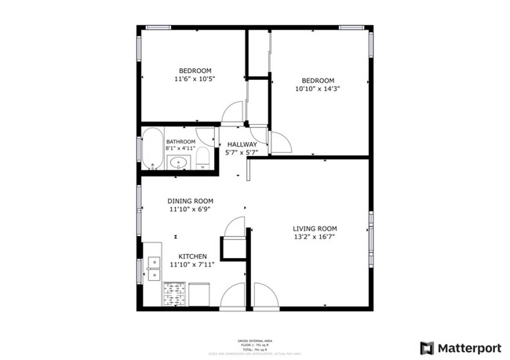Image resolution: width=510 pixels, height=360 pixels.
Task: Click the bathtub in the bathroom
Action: point(151,149)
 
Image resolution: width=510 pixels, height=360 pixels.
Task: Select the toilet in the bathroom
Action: point(202,156)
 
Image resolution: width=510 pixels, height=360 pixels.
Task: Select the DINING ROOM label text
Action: point(191,201)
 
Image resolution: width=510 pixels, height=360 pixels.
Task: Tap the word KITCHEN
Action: point(192,256)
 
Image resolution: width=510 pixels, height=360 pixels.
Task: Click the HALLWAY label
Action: point(242,145)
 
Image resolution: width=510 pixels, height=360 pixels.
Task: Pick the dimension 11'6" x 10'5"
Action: point(195,79)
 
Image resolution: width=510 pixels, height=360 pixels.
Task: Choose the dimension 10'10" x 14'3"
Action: point(318,89)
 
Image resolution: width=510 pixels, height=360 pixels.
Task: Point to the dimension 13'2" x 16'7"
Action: point(315,237)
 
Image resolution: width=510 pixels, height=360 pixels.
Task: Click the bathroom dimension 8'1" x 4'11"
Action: point(180,149)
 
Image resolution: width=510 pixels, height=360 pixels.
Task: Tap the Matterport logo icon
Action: point(427,347)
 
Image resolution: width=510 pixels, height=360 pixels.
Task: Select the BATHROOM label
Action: point(180,142)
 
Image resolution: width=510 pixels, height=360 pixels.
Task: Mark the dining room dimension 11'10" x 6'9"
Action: point(191,209)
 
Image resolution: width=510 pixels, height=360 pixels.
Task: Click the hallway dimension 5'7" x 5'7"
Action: point(242,153)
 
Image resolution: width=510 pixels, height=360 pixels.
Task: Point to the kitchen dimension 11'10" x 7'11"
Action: point(192,265)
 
